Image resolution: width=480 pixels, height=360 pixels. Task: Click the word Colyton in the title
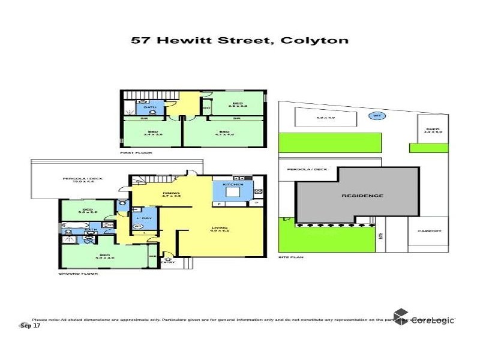pos(321,41)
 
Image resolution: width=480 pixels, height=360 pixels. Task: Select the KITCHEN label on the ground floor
pos(233,184)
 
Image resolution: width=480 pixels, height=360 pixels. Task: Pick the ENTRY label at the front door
pos(167,262)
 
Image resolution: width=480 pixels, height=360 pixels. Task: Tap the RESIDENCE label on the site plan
pos(362,196)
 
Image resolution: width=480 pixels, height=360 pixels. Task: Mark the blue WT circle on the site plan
pos(377,116)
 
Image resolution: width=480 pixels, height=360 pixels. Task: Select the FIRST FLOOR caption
pos(136,153)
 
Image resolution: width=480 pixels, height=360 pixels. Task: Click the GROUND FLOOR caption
pos(78,274)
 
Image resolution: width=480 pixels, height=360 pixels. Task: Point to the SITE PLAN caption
pos(291,257)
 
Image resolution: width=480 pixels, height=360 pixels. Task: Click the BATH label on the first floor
pos(148,108)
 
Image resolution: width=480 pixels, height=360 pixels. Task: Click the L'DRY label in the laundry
pos(143,217)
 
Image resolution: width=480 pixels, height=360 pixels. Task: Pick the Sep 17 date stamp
pos(31,326)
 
